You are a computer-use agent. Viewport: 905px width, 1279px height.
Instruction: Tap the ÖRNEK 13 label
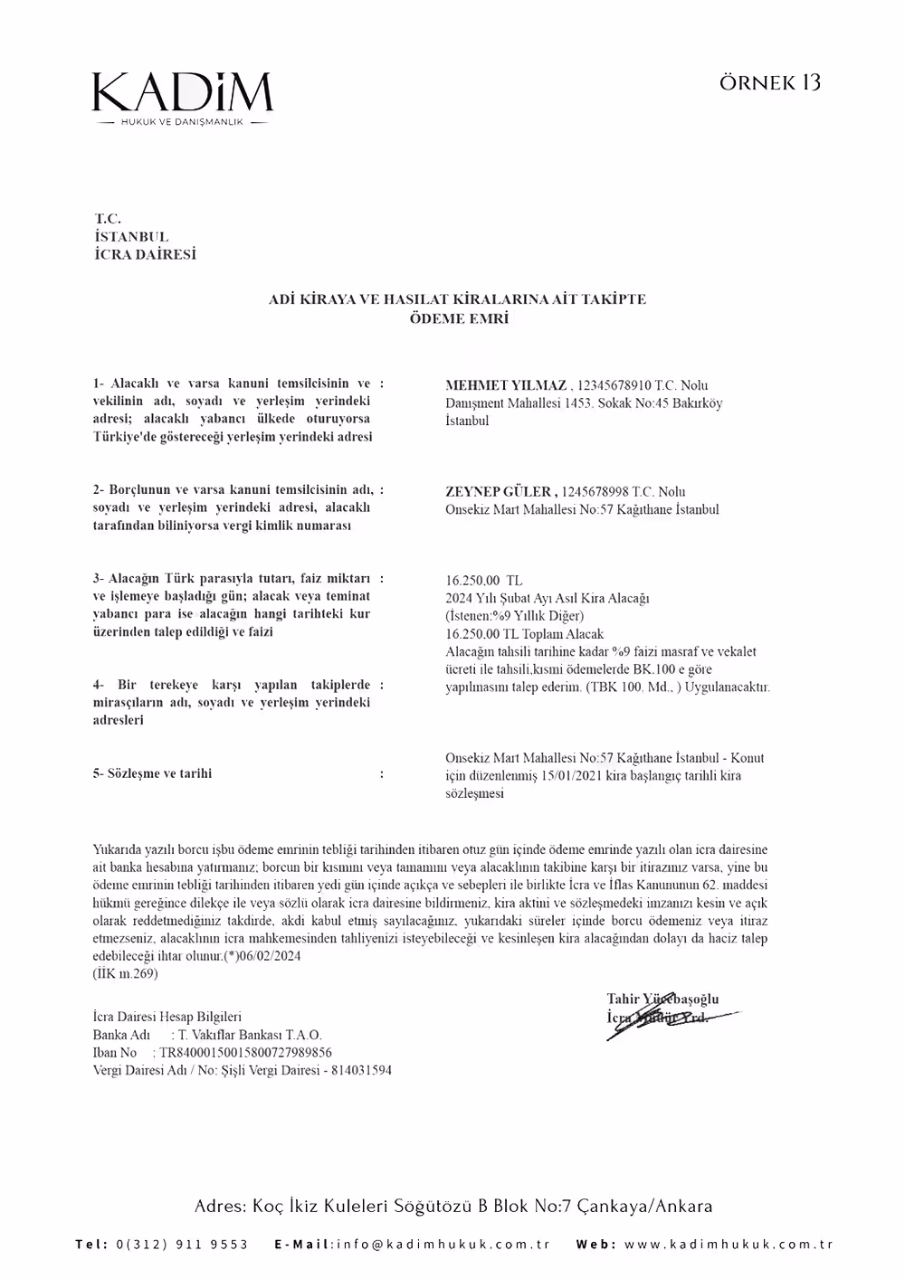770,82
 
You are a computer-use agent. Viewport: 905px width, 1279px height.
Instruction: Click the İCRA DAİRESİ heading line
145,255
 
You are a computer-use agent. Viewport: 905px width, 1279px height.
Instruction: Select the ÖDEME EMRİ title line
459,318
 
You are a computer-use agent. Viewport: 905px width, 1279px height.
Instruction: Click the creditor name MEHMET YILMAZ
505,386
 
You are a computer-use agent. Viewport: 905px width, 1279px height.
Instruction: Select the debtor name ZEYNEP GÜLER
500,492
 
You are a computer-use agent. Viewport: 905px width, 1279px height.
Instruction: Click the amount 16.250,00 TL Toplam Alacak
524,634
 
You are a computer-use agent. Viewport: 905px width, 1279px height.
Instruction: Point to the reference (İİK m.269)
125,973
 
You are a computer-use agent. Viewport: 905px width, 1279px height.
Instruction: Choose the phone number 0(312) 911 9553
182,1245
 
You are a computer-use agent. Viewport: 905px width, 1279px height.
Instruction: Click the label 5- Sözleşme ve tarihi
152,774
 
